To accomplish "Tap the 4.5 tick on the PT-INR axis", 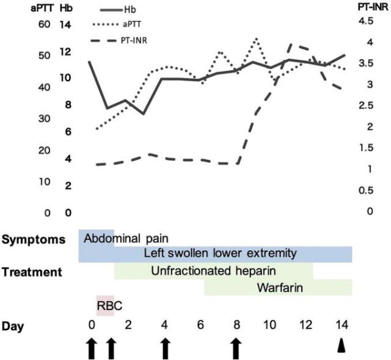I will click(x=367, y=21).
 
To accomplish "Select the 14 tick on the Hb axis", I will click(x=66, y=25).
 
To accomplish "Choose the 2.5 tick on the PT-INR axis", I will click(x=367, y=106).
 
